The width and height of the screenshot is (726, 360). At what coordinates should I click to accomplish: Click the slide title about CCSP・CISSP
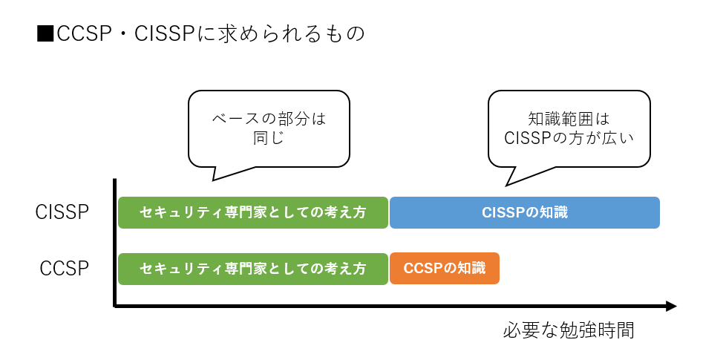pyautogui.click(x=200, y=34)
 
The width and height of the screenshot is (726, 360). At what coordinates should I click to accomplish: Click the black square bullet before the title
pyautogui.click(x=45, y=35)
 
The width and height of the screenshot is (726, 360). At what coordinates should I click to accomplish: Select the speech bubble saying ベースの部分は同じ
pyautogui.click(x=269, y=128)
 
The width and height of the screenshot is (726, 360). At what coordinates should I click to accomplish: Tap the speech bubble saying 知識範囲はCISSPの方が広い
pyautogui.click(x=569, y=128)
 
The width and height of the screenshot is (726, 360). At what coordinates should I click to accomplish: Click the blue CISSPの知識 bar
pyautogui.click(x=524, y=212)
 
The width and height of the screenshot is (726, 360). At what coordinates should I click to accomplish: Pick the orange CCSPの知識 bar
pyautogui.click(x=444, y=269)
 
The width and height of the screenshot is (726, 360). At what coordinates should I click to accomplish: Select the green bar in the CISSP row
pyautogui.click(x=253, y=212)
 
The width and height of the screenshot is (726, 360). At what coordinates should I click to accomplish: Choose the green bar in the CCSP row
pyautogui.click(x=253, y=269)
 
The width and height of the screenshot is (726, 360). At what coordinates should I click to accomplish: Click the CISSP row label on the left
pyautogui.click(x=62, y=212)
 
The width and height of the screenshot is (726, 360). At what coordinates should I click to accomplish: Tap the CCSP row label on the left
pyautogui.click(x=65, y=268)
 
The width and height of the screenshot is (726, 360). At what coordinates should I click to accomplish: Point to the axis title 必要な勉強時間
pyautogui.click(x=568, y=330)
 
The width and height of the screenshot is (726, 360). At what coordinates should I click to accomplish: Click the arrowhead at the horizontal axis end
pyautogui.click(x=671, y=306)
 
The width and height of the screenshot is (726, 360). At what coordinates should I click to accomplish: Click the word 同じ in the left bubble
pyautogui.click(x=269, y=138)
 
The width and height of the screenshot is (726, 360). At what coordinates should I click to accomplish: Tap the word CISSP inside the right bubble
pyautogui.click(x=530, y=138)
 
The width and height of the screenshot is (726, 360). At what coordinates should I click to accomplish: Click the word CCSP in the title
pyautogui.click(x=81, y=35)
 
